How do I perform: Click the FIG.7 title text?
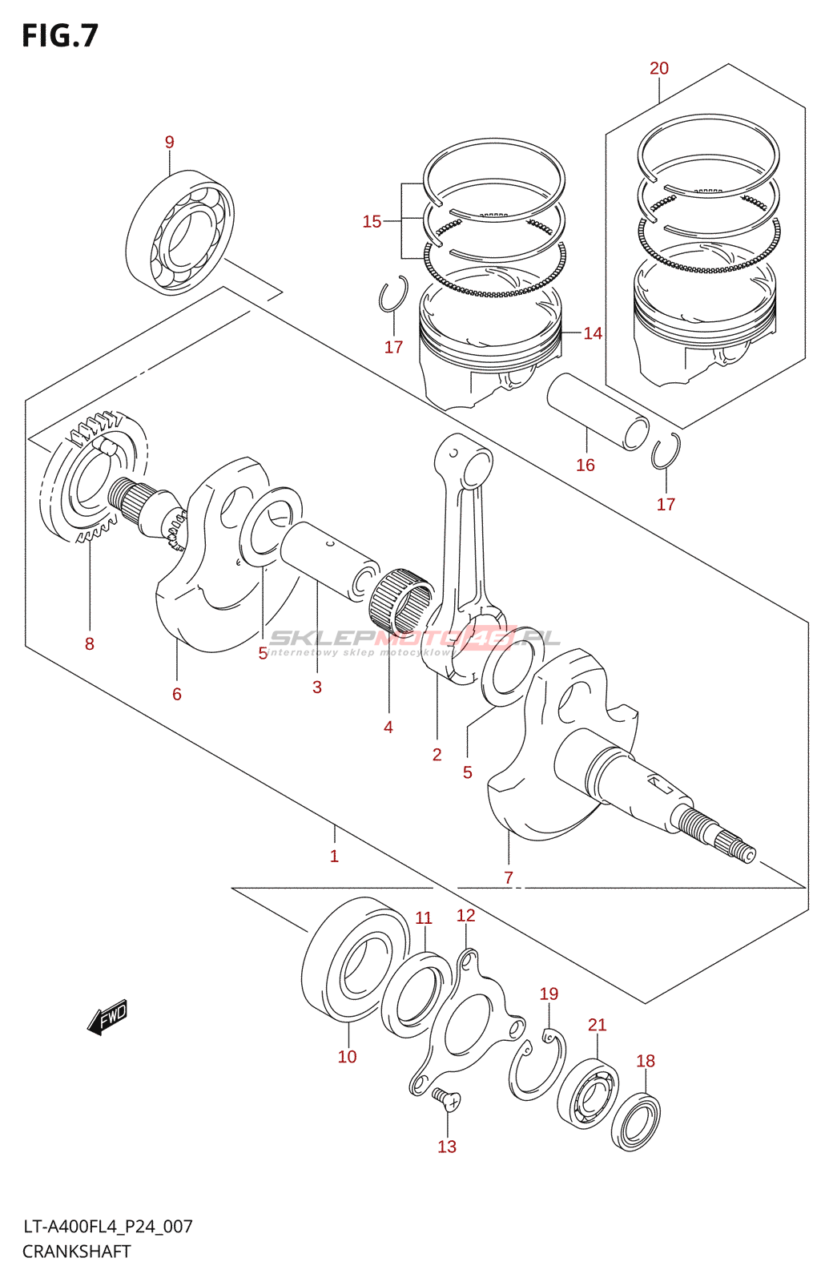click(60, 35)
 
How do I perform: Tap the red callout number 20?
click(659, 69)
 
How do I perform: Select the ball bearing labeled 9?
click(179, 232)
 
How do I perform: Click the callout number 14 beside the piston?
click(593, 333)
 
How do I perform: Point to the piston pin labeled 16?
click(598, 412)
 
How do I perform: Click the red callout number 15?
click(372, 221)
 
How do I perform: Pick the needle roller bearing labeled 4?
click(403, 598)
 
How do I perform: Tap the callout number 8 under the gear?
click(89, 644)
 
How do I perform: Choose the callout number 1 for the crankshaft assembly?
click(334, 857)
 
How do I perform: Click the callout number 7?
click(509, 877)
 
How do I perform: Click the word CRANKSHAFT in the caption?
click(77, 1251)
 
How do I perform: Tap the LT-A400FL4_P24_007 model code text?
click(107, 1227)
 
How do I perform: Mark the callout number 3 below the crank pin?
click(317, 687)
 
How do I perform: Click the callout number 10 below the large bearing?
click(348, 1057)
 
